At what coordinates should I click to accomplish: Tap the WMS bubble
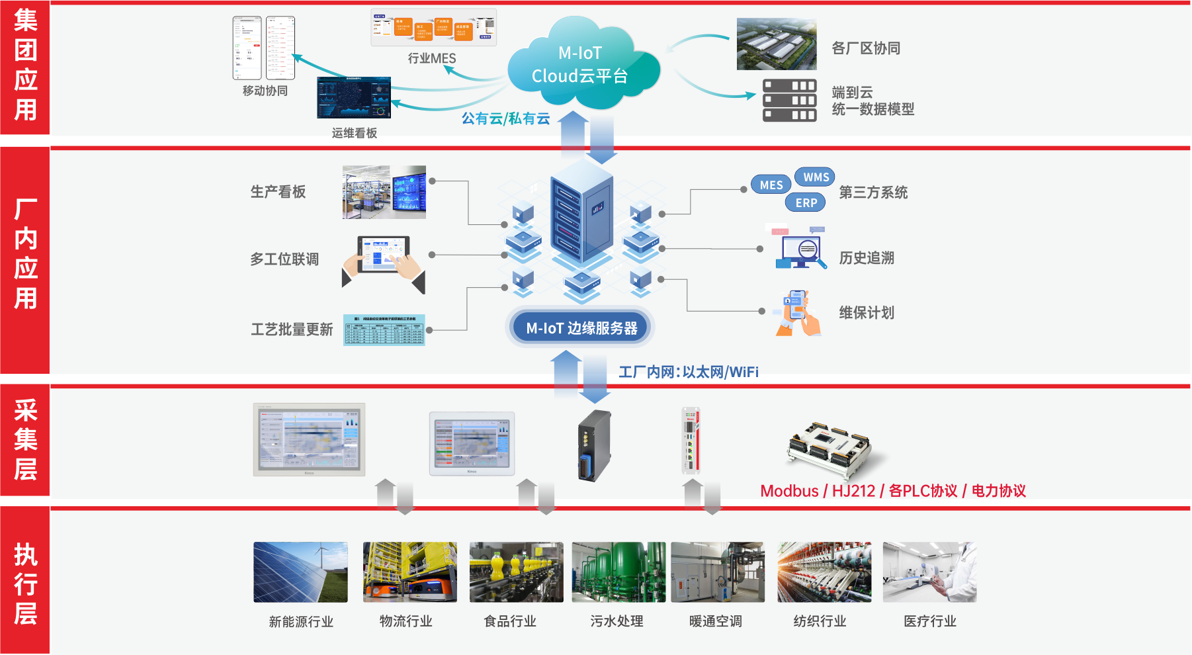tap(815, 177)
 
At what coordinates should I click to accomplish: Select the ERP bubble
tap(806, 202)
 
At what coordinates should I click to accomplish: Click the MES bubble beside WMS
tap(771, 185)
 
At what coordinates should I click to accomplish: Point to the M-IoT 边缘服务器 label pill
tap(581, 327)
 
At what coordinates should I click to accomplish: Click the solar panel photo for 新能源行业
tap(300, 572)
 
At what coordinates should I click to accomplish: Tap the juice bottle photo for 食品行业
tap(516, 572)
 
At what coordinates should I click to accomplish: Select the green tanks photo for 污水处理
tap(618, 572)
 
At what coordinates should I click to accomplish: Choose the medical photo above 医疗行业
tap(929, 572)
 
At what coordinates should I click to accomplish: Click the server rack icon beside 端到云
tap(789, 101)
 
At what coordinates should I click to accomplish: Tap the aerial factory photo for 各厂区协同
tap(777, 44)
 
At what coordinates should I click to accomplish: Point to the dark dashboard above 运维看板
tap(354, 97)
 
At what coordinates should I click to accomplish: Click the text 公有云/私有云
tap(505, 118)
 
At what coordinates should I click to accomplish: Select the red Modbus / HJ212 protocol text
tap(892, 491)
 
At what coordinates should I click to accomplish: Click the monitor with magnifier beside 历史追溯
tap(800, 249)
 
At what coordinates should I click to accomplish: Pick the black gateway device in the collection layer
tap(594, 445)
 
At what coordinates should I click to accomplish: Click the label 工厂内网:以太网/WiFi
tap(688, 372)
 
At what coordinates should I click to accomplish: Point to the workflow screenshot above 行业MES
tap(433, 28)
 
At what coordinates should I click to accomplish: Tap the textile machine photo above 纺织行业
tap(824, 572)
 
